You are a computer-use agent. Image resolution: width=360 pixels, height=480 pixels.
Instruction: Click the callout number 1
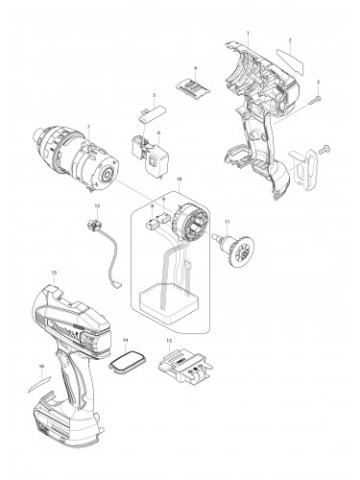[248, 35]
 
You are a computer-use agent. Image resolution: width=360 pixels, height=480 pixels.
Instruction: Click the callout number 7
[89, 128]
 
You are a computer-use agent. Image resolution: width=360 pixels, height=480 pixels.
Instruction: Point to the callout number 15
[54, 274]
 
